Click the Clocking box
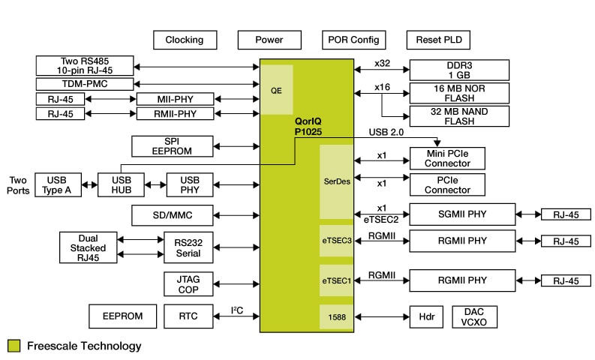[184, 40]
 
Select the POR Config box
[354, 40]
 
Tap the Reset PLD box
[438, 40]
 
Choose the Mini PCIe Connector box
[446, 158]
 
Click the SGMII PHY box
[462, 214]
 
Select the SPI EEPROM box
[173, 146]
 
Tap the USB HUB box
[120, 184]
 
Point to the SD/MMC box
[173, 215]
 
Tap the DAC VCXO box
[474, 316]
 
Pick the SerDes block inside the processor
[336, 182]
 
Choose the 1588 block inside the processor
[336, 316]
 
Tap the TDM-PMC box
[84, 84]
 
